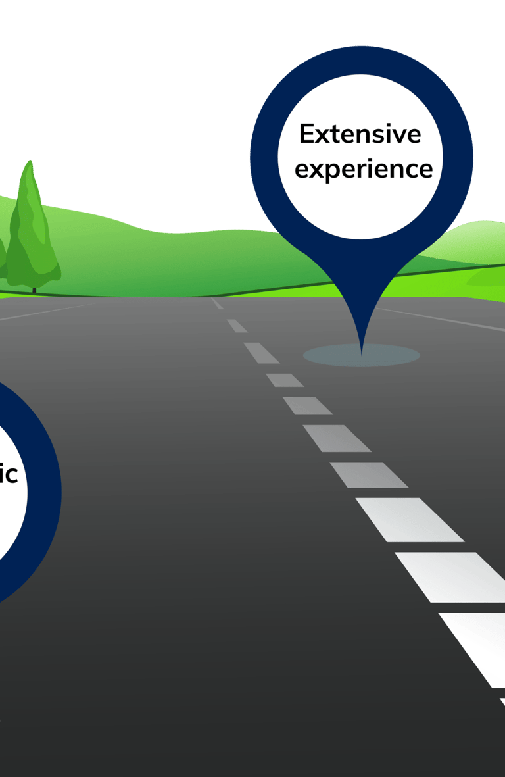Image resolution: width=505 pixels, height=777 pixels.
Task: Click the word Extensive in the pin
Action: [x=360, y=134]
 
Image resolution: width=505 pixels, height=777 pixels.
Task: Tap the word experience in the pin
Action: [x=363, y=169]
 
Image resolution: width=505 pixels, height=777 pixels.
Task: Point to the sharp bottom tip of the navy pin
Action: [x=361, y=353]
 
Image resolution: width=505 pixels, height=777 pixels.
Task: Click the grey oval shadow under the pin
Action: [x=395, y=356]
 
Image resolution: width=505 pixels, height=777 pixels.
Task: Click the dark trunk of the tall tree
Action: [x=34, y=289]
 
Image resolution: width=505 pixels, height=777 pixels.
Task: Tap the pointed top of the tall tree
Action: [x=28, y=163]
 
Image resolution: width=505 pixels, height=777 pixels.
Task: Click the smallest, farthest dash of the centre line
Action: [x=216, y=303]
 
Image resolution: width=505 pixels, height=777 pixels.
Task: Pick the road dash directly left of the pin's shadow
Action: [x=261, y=353]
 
